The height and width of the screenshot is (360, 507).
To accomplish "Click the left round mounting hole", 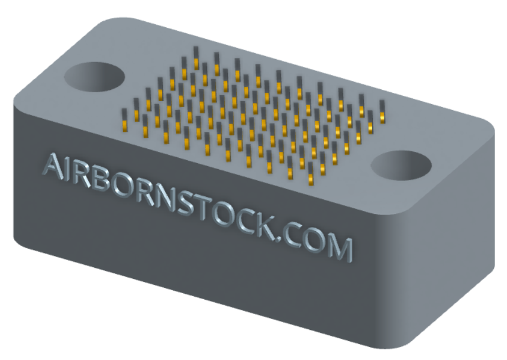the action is point(95,77).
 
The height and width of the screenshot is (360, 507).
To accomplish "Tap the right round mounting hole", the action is point(401,166).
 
